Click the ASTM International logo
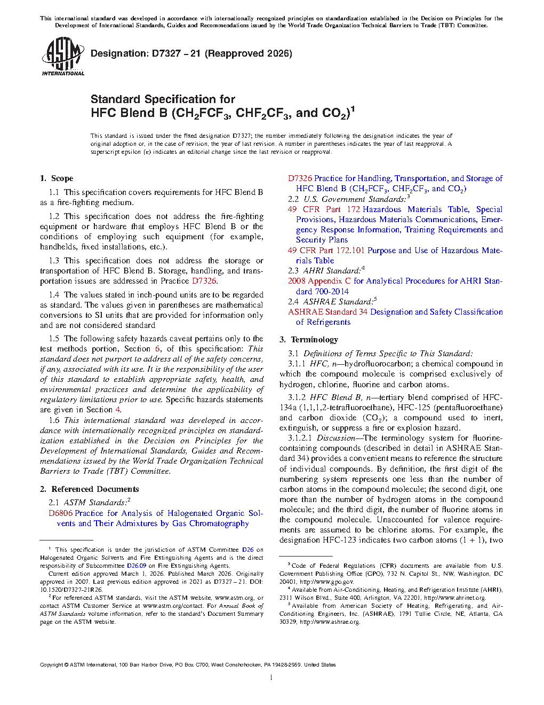point(62,56)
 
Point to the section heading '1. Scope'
point(57,178)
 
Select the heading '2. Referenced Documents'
point(89,489)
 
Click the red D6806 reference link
point(60,513)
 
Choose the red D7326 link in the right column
point(300,178)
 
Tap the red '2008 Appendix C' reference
point(319,281)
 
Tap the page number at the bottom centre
point(271,678)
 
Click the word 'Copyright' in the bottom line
point(52,665)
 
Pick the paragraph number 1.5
point(54,339)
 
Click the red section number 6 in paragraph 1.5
point(157,349)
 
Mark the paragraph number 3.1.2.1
point(300,438)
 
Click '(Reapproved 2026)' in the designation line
point(249,53)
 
